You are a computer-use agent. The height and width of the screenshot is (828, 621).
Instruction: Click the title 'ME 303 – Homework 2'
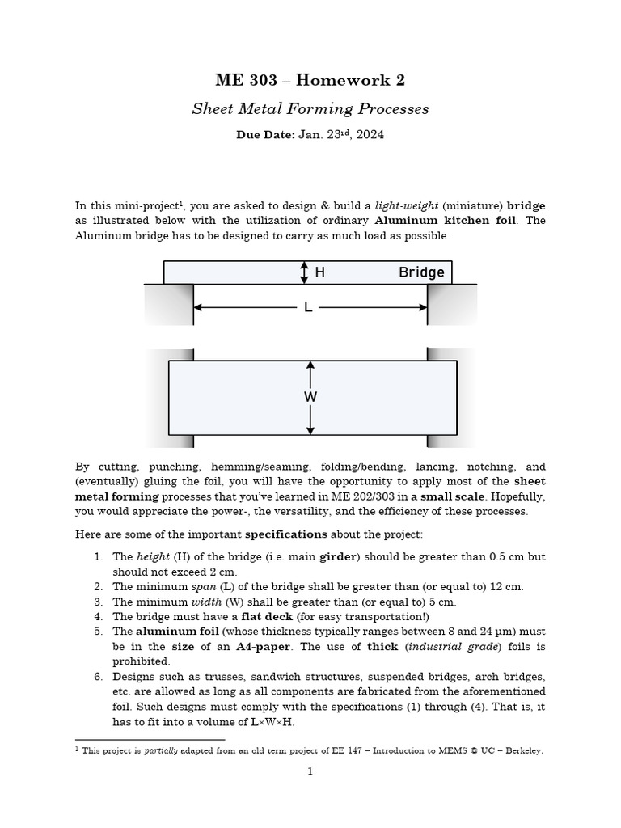coord(310,80)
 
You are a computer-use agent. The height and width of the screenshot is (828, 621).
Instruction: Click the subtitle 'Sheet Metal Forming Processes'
coord(310,108)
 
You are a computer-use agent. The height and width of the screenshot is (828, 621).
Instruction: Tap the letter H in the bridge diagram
coord(320,272)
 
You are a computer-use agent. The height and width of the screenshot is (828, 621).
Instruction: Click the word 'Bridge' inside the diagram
coord(421,272)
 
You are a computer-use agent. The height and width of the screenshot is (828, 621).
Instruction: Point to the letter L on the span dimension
coord(308,307)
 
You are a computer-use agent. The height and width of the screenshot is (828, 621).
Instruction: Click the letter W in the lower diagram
coord(310,397)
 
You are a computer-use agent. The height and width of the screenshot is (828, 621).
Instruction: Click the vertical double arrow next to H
coord(304,272)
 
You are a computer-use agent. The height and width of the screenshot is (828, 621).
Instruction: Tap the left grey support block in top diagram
coord(168,305)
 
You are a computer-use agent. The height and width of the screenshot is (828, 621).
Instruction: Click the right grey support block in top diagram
coord(452,305)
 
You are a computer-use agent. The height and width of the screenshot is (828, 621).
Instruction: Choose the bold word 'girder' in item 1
coord(339,557)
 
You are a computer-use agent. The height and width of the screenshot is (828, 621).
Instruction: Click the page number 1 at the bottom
coord(310,771)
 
